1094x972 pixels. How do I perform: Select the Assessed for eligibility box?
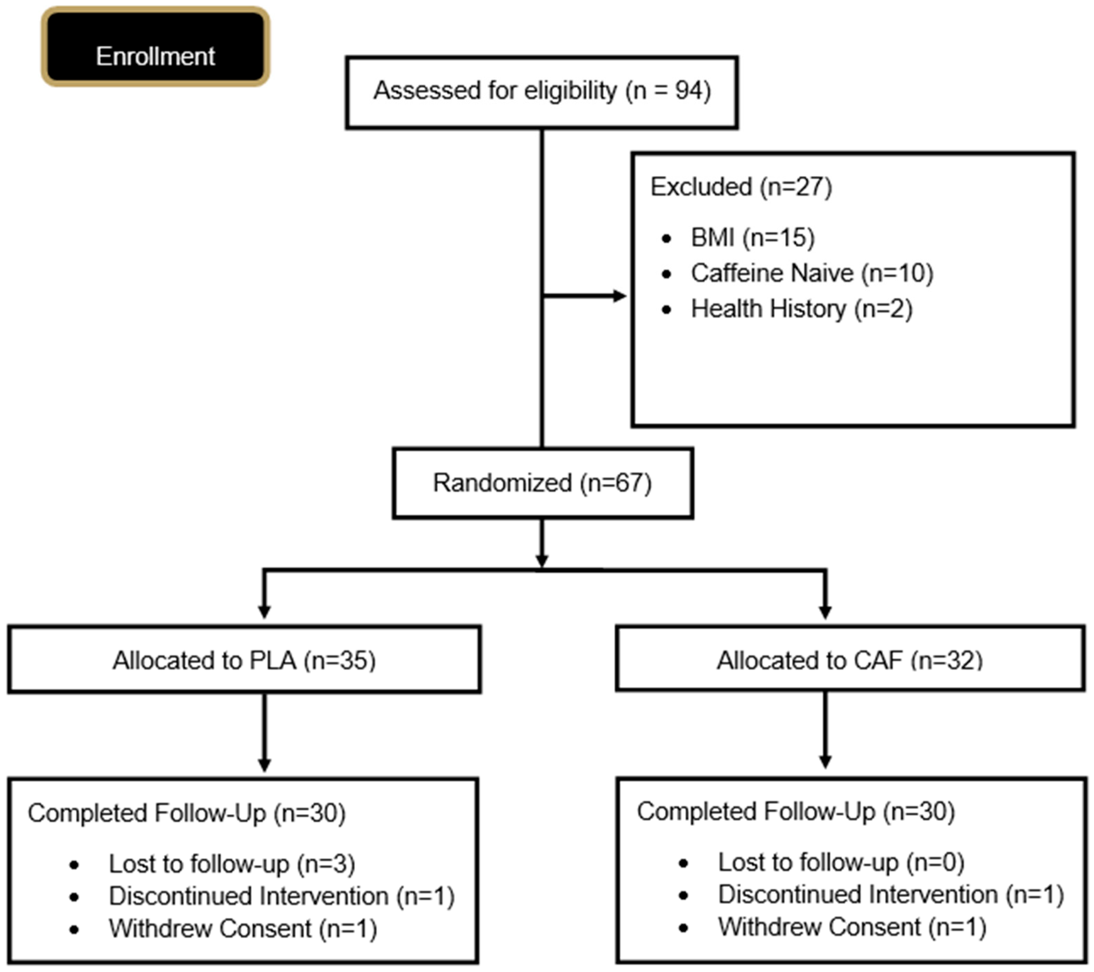[x=541, y=92]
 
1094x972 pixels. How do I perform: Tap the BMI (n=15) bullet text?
[x=752, y=238]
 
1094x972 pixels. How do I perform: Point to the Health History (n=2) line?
[x=801, y=309]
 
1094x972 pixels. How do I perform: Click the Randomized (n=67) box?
[x=542, y=483]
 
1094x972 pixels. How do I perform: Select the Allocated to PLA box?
[x=244, y=660]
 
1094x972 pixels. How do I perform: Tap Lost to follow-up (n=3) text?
[x=232, y=864]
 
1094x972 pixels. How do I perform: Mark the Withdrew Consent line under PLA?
[x=243, y=929]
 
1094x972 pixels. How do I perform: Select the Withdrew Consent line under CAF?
[x=852, y=927]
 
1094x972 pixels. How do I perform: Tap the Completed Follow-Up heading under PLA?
[x=186, y=813]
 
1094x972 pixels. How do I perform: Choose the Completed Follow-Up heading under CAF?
[x=795, y=811]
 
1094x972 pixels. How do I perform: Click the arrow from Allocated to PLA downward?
[x=264, y=733]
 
